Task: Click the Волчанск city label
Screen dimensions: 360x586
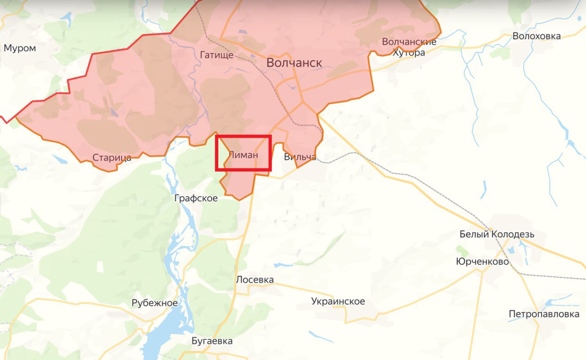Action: (294, 63)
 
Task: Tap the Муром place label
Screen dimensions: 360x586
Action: (20, 48)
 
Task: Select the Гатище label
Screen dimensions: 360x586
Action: (217, 55)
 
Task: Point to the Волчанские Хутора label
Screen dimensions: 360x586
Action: (409, 47)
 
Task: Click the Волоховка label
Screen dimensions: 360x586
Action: (537, 36)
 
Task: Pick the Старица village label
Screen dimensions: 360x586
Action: (112, 158)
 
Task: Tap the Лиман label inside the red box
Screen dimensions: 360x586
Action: (243, 155)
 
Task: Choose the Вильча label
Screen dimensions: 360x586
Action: (300, 157)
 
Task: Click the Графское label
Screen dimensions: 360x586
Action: (196, 198)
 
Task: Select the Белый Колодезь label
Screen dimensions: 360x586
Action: (497, 235)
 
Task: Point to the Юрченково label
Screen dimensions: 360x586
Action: (482, 262)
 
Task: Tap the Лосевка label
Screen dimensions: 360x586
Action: (255, 279)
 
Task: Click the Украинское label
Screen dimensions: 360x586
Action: (338, 301)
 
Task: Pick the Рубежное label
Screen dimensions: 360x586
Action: (154, 303)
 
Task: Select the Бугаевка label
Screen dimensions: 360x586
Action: (212, 341)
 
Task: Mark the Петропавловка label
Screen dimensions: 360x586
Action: (544, 314)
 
